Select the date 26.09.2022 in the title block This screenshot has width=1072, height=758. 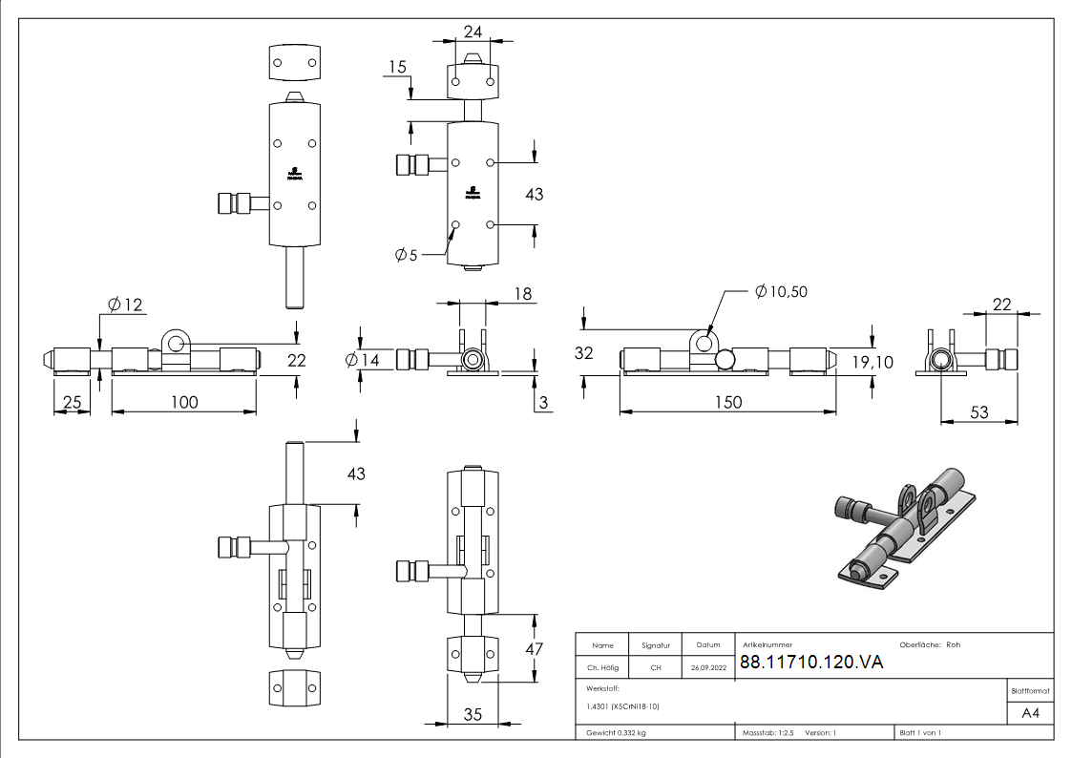(707, 667)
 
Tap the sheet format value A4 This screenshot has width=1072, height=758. (1030, 713)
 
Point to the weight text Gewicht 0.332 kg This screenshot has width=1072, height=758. (616, 733)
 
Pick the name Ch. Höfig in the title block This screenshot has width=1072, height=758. (602, 667)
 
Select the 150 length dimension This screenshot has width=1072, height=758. (727, 402)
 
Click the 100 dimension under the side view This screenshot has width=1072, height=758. (184, 402)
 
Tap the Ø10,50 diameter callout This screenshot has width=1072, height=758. (780, 291)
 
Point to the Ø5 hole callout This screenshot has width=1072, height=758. (406, 255)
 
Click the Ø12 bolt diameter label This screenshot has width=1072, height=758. (124, 305)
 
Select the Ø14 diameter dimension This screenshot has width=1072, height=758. (363, 360)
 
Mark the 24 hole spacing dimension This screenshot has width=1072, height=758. (473, 32)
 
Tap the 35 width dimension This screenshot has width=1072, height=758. (472, 714)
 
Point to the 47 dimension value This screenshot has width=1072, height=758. (534, 649)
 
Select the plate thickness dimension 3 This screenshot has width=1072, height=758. (543, 403)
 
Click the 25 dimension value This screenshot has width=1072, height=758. (72, 402)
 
